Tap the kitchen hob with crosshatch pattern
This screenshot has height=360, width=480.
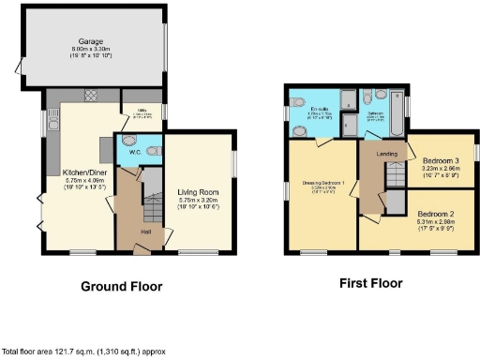[91, 96]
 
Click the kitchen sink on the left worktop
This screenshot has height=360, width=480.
[53, 122]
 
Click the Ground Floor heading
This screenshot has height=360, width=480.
[121, 286]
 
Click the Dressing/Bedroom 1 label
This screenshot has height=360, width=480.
[322, 182]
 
